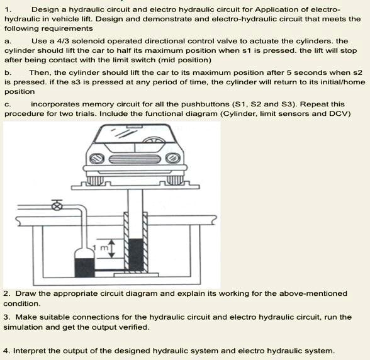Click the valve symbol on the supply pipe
pos(57,206)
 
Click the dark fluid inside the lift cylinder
pos(137,254)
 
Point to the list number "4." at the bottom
pos(6,350)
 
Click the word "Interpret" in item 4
pos(31,350)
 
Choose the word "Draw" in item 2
pos(26,293)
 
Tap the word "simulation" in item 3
pos(23,327)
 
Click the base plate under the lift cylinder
pos(136,275)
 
